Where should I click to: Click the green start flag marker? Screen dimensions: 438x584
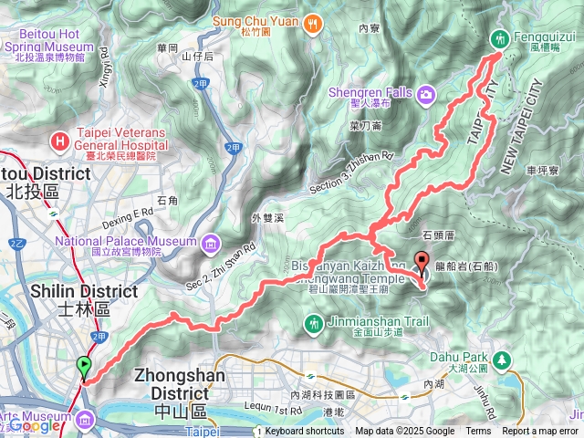point(85,367)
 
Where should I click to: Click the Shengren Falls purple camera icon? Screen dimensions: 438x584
point(426,94)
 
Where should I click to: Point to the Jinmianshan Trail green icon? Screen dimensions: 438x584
point(314,322)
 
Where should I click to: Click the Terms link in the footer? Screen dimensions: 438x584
point(477,432)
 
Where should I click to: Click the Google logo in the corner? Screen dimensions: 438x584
point(35,425)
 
